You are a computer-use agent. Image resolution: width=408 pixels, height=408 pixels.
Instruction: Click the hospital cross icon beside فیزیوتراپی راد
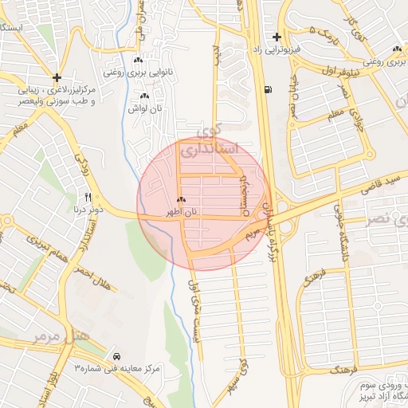[x=277, y=37]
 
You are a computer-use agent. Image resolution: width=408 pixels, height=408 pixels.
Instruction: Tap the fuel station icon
[x=265, y=88]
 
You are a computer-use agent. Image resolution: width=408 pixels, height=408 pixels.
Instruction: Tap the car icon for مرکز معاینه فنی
[x=117, y=355]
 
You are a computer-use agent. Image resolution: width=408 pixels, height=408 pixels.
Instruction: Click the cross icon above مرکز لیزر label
[x=57, y=77]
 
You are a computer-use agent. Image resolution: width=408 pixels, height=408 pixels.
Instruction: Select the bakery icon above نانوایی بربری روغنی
[x=138, y=61]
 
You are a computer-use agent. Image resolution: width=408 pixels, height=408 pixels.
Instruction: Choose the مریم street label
[x=253, y=233]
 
